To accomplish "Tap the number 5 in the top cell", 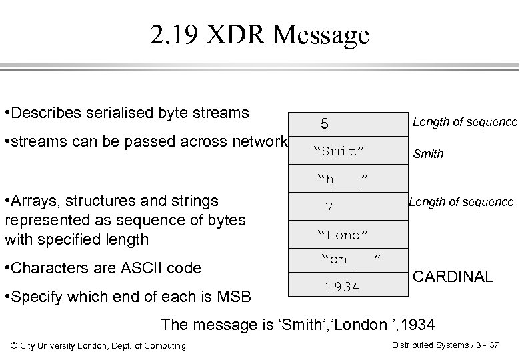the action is click(324, 124).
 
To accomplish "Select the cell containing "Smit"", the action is click(339, 151).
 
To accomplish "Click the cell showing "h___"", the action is click(343, 179).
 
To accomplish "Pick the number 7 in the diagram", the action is click(329, 207).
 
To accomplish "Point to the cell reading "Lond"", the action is click(343, 235).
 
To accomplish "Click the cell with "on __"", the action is click(347, 260).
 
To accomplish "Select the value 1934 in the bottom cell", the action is click(342, 287).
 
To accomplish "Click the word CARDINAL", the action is click(453, 277).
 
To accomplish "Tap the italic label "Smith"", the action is click(428, 154).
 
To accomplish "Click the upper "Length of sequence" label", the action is click(465, 122).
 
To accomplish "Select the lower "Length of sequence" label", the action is click(461, 202).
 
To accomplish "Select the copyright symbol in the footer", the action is click(15, 345).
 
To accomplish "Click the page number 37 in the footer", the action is click(493, 345).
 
